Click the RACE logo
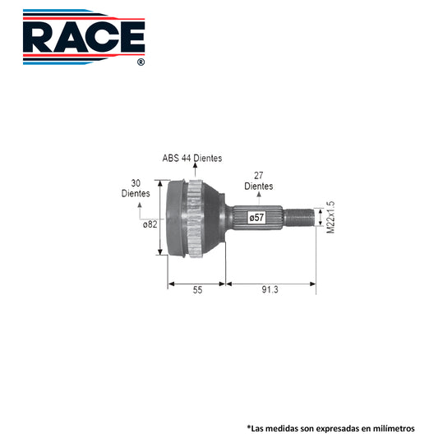point(84,37)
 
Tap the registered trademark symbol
point(141,62)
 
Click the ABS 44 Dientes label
point(192,158)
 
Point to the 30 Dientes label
point(136,188)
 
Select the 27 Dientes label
point(259,181)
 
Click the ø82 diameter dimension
point(150,224)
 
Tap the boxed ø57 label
point(256,217)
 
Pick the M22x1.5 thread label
point(330,217)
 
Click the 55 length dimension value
point(197,290)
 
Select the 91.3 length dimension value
point(270,290)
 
